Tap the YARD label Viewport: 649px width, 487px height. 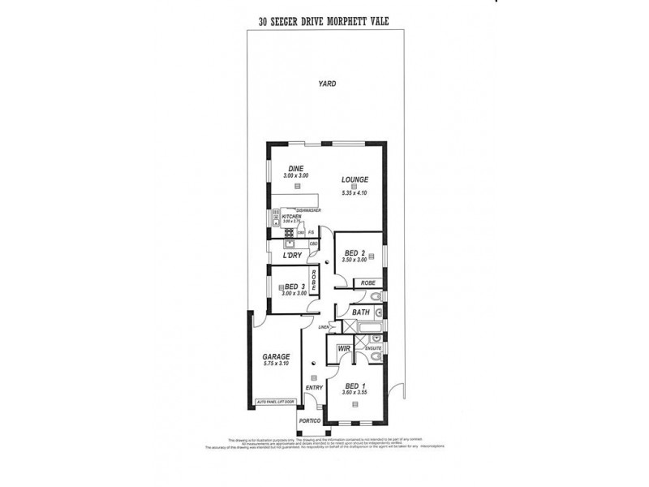click(327, 84)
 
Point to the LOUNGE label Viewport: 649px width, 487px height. click(355, 179)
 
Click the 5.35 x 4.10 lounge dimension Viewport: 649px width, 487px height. click(355, 193)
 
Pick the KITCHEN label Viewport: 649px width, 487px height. click(290, 216)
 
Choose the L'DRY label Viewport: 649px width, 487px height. click(293, 256)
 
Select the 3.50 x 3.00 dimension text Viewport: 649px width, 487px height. click(356, 261)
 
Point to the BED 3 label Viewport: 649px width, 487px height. click(294, 287)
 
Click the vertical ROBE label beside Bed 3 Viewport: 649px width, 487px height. click(324, 282)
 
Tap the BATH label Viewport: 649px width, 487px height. click(361, 312)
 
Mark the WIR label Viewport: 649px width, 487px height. click(343, 349)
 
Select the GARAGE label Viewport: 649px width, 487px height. click(276, 356)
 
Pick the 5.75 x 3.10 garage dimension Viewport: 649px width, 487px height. click(277, 364)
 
